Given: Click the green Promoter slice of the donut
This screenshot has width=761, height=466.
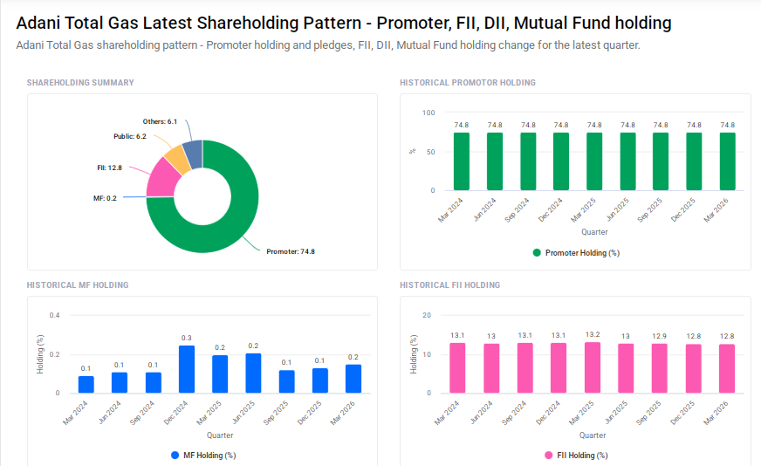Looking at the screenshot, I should pos(236,218).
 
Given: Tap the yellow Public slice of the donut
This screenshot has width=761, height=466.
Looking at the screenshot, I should pos(175,158).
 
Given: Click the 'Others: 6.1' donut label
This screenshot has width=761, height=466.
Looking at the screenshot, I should pos(160,121).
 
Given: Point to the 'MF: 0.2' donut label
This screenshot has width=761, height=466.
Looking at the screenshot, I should pos(105,198).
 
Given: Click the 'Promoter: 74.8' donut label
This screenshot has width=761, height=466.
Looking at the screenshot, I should pos(290,251).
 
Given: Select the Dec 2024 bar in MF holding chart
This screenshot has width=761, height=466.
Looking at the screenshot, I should pos(186,369).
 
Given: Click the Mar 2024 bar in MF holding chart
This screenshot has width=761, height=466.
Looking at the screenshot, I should pos(86,384).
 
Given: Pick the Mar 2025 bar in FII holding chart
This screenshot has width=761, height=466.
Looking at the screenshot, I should pos(592,367).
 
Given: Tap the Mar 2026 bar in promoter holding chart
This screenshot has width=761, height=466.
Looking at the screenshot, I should pos(727,161).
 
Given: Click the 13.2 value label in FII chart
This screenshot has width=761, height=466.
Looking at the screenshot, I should pos(592,334).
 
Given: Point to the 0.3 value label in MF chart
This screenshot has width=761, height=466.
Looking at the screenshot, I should pos(186,338).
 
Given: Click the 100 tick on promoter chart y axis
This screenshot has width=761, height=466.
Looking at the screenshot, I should pos(428,113).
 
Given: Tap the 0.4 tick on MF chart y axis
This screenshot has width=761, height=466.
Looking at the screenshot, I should pos(54,315).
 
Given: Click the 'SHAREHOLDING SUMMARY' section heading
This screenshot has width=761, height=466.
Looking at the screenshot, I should pos(80,83).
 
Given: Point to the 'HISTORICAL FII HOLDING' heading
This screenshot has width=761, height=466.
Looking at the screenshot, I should pos(449,285).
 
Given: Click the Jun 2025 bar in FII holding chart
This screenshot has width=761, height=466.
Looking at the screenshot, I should pos(625,368).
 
